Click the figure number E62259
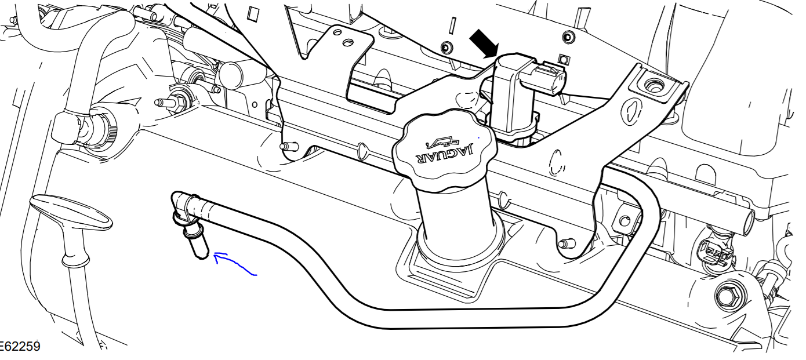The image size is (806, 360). [x=20, y=347]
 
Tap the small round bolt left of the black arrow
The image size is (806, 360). [x=445, y=47]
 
